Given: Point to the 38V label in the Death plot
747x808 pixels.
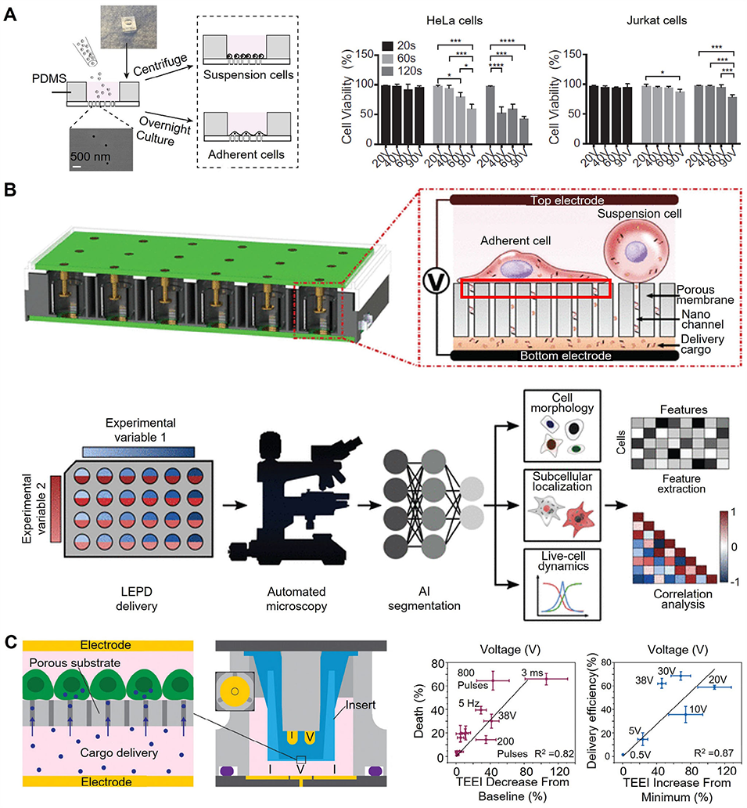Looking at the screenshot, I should pyautogui.click(x=508, y=716).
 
